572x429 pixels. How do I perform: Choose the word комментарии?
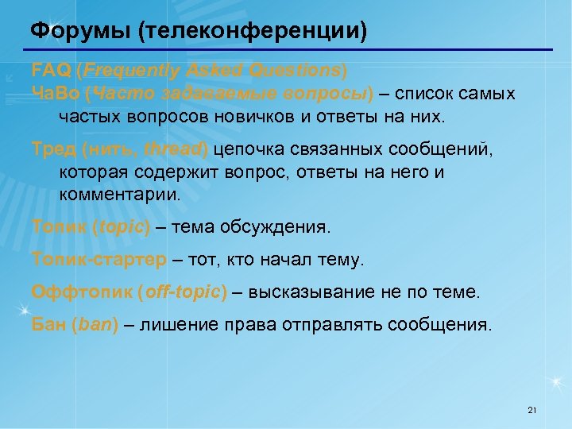119,193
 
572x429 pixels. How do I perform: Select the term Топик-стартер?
99,259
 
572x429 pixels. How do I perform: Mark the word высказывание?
306,292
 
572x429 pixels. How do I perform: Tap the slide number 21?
532,410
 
